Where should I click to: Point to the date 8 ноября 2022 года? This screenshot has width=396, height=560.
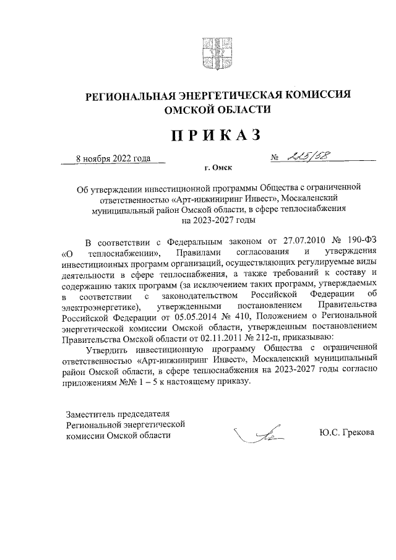(x=113, y=158)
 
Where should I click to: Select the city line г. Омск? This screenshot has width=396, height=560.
(x=217, y=168)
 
